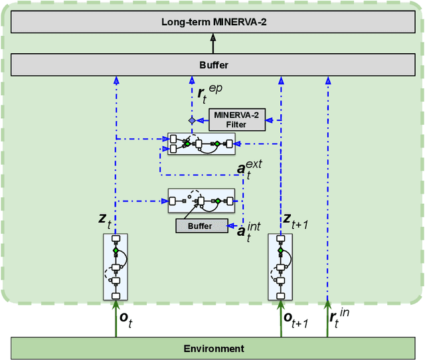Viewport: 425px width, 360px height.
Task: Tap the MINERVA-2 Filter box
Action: [x=236, y=120]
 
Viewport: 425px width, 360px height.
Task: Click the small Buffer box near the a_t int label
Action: [x=201, y=226]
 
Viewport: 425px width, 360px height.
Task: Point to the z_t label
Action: [x=103, y=219]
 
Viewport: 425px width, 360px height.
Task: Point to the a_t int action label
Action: [x=249, y=231]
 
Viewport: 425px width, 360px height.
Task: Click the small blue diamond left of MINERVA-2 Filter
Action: [x=192, y=120]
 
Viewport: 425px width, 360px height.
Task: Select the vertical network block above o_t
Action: [x=115, y=266]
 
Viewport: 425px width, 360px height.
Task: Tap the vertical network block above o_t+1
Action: [x=280, y=266]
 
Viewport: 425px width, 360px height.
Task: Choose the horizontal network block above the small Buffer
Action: [x=201, y=199]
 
